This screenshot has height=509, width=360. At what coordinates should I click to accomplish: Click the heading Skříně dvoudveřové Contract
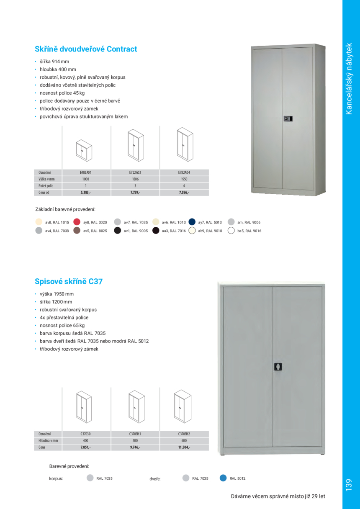pos(86,49)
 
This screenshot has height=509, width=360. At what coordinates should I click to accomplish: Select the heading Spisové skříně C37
pos(69,282)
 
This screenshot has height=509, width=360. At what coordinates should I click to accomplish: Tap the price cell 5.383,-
pos(85,193)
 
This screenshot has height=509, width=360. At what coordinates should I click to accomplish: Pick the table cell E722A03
pos(135,172)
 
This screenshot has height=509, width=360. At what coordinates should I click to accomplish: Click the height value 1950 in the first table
pos(184,179)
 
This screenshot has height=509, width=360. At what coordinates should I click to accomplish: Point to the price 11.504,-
pos(184,447)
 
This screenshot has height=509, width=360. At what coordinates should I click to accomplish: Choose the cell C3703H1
pos(135,434)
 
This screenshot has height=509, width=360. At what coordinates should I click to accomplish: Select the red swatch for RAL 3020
pos(77,222)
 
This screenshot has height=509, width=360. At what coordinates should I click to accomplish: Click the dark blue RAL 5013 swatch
pos(192,222)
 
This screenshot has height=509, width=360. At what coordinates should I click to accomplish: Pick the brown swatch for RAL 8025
pos(77,230)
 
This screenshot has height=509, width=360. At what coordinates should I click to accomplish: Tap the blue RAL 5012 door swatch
pos(223,478)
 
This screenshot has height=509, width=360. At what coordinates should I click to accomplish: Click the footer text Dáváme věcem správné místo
pos(278,496)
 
